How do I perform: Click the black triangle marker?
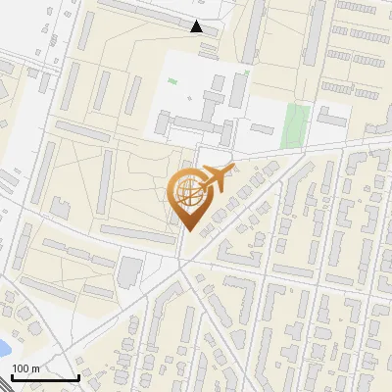tap(197, 26)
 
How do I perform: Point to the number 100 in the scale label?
tap(21, 368)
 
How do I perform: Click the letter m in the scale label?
tap(35, 368)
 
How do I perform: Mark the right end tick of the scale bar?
tap(78, 375)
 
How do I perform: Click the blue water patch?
tap(4, 346)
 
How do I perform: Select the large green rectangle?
tap(296, 123)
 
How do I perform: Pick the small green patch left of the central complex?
tap(172, 80)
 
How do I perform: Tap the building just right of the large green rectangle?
tap(331, 119)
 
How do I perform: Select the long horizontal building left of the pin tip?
tap(136, 233)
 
